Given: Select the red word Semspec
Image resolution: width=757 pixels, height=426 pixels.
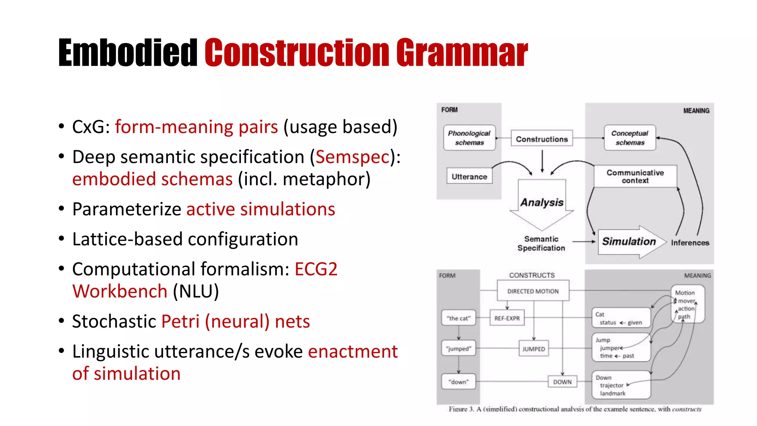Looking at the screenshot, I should [353, 157].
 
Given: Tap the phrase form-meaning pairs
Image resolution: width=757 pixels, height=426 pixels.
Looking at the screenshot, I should [196, 127].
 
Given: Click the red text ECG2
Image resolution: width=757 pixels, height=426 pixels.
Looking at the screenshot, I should [316, 269].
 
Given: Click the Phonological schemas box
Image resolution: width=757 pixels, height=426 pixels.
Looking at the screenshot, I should [469, 138].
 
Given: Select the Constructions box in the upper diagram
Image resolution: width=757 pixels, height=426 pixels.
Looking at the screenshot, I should [542, 139].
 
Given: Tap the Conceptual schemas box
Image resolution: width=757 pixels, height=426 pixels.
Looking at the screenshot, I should [629, 138].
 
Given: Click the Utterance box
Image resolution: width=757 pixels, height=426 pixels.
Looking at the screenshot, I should [469, 177].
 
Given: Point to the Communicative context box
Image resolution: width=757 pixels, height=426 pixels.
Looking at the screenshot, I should [635, 176].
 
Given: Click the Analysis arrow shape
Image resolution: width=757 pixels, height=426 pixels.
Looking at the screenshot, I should [542, 203].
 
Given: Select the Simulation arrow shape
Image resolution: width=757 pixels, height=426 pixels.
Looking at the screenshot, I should [629, 241].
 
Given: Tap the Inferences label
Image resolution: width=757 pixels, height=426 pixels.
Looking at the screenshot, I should [690, 243].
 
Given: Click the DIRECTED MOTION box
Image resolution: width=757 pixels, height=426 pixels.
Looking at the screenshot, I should [533, 291].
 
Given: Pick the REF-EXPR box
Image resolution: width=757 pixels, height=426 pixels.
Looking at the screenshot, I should [507, 318].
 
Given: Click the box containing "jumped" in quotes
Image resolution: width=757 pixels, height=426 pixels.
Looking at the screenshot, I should [458, 348].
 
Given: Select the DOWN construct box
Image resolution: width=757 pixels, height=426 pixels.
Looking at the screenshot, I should [562, 382].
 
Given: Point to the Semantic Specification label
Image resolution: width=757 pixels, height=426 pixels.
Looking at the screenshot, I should [541, 243].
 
